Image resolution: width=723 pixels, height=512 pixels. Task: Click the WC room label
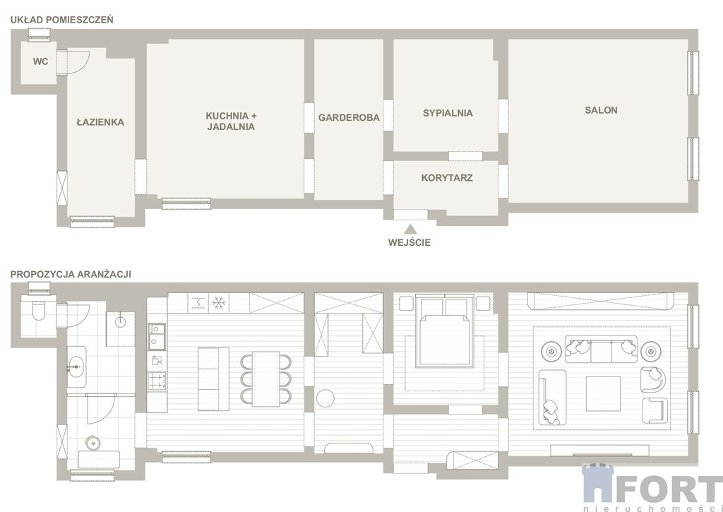pyautogui.click(x=40, y=61)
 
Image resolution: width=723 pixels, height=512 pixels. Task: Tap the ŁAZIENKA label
pyautogui.click(x=100, y=122)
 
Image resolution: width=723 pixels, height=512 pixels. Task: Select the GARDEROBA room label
pyautogui.click(x=349, y=118)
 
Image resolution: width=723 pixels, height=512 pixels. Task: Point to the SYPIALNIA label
pyautogui.click(x=448, y=113)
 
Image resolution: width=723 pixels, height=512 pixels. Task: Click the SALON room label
pyautogui.click(x=602, y=110)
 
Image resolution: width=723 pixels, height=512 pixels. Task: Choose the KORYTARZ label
pyautogui.click(x=447, y=178)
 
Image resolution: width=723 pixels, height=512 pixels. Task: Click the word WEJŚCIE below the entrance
pyautogui.click(x=410, y=243)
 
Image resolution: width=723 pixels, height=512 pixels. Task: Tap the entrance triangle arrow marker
pyautogui.click(x=410, y=229)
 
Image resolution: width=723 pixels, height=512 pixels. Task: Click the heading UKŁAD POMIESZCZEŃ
pyautogui.click(x=62, y=20)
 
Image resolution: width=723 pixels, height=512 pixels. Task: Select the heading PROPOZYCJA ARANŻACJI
pyautogui.click(x=71, y=274)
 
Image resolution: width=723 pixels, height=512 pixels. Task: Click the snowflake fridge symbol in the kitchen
pyautogui.click(x=219, y=303)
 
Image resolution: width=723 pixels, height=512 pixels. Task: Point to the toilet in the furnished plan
pyautogui.click(x=39, y=311)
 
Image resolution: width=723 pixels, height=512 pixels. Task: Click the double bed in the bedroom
pyautogui.click(x=445, y=331)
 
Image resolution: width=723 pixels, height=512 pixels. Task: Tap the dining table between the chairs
pyautogui.click(x=266, y=379)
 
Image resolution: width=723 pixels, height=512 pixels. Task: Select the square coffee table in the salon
pyautogui.click(x=603, y=393)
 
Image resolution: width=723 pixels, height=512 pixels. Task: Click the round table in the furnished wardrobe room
pyautogui.click(x=325, y=398)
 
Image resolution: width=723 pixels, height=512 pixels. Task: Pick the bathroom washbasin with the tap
pyautogui.click(x=76, y=367)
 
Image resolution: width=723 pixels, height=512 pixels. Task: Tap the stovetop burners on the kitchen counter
pyautogui.click(x=157, y=381)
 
